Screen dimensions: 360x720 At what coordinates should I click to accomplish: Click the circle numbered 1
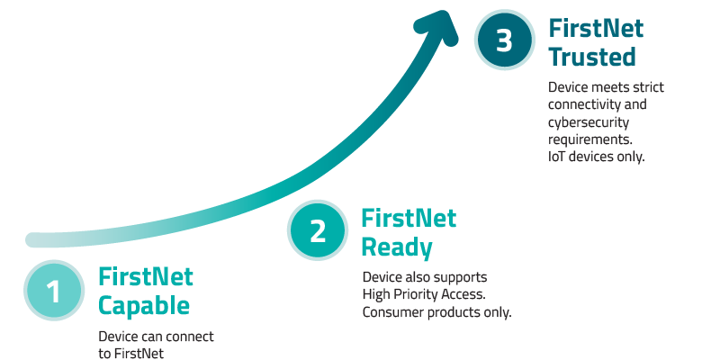[x=54, y=292]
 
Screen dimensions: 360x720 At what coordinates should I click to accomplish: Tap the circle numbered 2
[x=318, y=231]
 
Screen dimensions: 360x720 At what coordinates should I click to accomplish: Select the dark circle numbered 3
[x=505, y=42]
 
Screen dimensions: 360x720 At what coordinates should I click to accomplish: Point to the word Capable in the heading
[x=144, y=306]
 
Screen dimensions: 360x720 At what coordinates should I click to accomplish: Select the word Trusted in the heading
[x=592, y=57]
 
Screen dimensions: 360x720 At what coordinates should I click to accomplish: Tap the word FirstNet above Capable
[x=146, y=276]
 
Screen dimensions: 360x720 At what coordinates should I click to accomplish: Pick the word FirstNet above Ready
[x=409, y=218]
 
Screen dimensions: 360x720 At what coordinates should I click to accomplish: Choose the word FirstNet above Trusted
[x=596, y=28]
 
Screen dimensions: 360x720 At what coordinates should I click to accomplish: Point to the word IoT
[x=559, y=156]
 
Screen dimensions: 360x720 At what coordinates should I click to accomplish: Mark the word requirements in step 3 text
[x=589, y=139]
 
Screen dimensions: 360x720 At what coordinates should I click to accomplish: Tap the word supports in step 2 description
[x=461, y=277]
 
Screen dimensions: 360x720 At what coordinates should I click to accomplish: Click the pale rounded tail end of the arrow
[x=34, y=239]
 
